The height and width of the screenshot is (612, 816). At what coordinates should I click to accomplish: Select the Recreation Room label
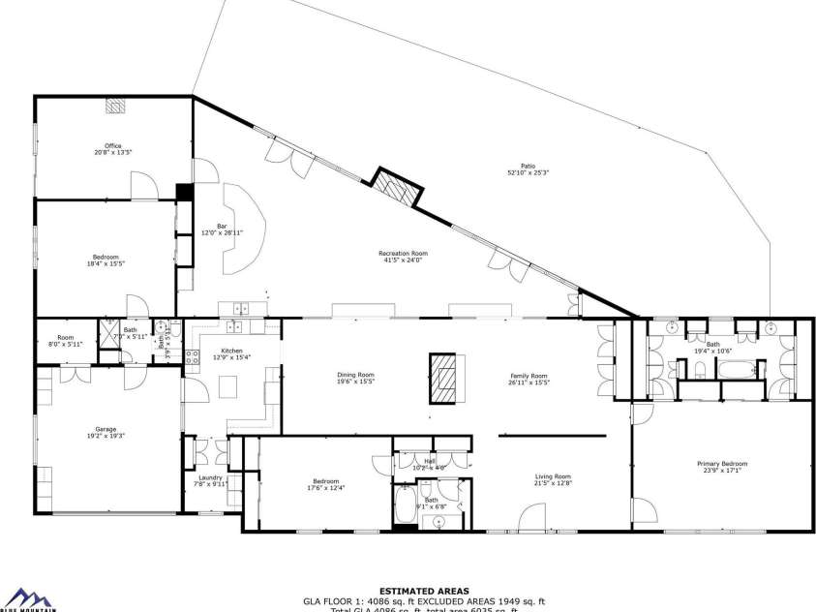(x=403, y=256)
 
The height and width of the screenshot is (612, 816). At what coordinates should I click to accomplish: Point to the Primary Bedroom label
(x=722, y=467)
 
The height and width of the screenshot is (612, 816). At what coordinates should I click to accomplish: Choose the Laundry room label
(x=210, y=479)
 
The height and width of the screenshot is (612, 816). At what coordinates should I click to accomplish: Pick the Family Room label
(x=529, y=378)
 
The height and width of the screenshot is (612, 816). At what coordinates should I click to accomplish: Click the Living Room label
(x=554, y=478)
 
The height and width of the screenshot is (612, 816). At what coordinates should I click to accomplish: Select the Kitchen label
(x=231, y=353)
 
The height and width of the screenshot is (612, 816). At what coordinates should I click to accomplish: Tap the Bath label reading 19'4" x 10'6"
(x=712, y=347)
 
